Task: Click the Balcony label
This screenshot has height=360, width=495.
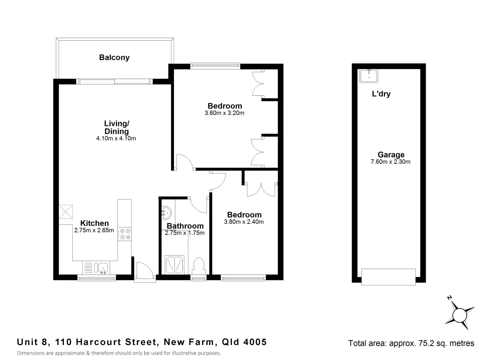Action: [x=114, y=58]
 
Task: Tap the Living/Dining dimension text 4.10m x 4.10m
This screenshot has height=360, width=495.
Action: [x=116, y=139]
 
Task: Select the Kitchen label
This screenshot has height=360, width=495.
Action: [x=94, y=223]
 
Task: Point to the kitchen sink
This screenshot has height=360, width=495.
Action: [x=102, y=267]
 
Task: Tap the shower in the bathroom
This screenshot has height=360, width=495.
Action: [x=174, y=265]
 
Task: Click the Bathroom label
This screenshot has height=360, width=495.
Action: [x=185, y=226]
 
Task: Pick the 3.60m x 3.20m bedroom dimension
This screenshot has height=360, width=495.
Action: [x=224, y=113]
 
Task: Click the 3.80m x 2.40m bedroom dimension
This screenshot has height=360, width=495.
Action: [x=244, y=222]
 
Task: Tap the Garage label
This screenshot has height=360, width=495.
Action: [x=391, y=155]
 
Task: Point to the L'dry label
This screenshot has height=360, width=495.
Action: [x=381, y=94]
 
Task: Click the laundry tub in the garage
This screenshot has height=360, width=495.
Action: [x=368, y=76]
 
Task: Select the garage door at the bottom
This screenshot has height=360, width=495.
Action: [x=388, y=277]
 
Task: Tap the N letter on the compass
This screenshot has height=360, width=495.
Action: [x=449, y=298]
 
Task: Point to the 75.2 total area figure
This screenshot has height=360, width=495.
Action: [x=423, y=343]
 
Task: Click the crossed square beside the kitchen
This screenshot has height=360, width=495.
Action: [x=66, y=212]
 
